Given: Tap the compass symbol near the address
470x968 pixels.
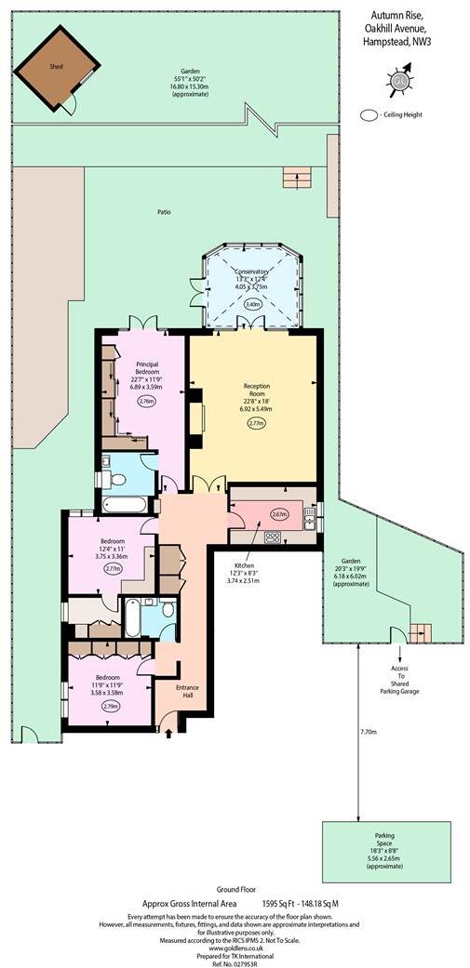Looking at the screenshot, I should click(x=401, y=80).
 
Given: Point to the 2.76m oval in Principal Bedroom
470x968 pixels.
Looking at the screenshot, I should click(x=146, y=401).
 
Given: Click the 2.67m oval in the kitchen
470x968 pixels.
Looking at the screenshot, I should click(x=279, y=514).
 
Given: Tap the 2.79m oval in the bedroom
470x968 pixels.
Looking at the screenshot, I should click(x=109, y=706).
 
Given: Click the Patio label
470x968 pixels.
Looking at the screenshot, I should click(x=164, y=212).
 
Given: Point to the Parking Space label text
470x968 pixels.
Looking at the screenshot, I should click(x=384, y=840).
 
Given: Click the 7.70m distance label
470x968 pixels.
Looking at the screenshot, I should click(x=369, y=732).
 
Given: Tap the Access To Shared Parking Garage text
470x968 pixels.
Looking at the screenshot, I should click(x=401, y=680).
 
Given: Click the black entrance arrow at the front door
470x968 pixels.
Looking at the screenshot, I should click(x=168, y=735).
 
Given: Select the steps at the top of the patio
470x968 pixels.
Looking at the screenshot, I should click(x=297, y=176).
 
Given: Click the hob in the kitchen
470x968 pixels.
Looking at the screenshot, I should click(x=274, y=537).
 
